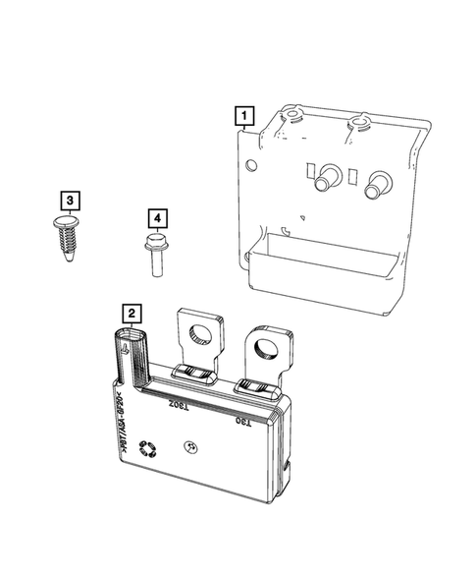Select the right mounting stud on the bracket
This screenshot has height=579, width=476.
(376, 183)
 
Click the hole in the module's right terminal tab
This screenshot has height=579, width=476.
(266, 348)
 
